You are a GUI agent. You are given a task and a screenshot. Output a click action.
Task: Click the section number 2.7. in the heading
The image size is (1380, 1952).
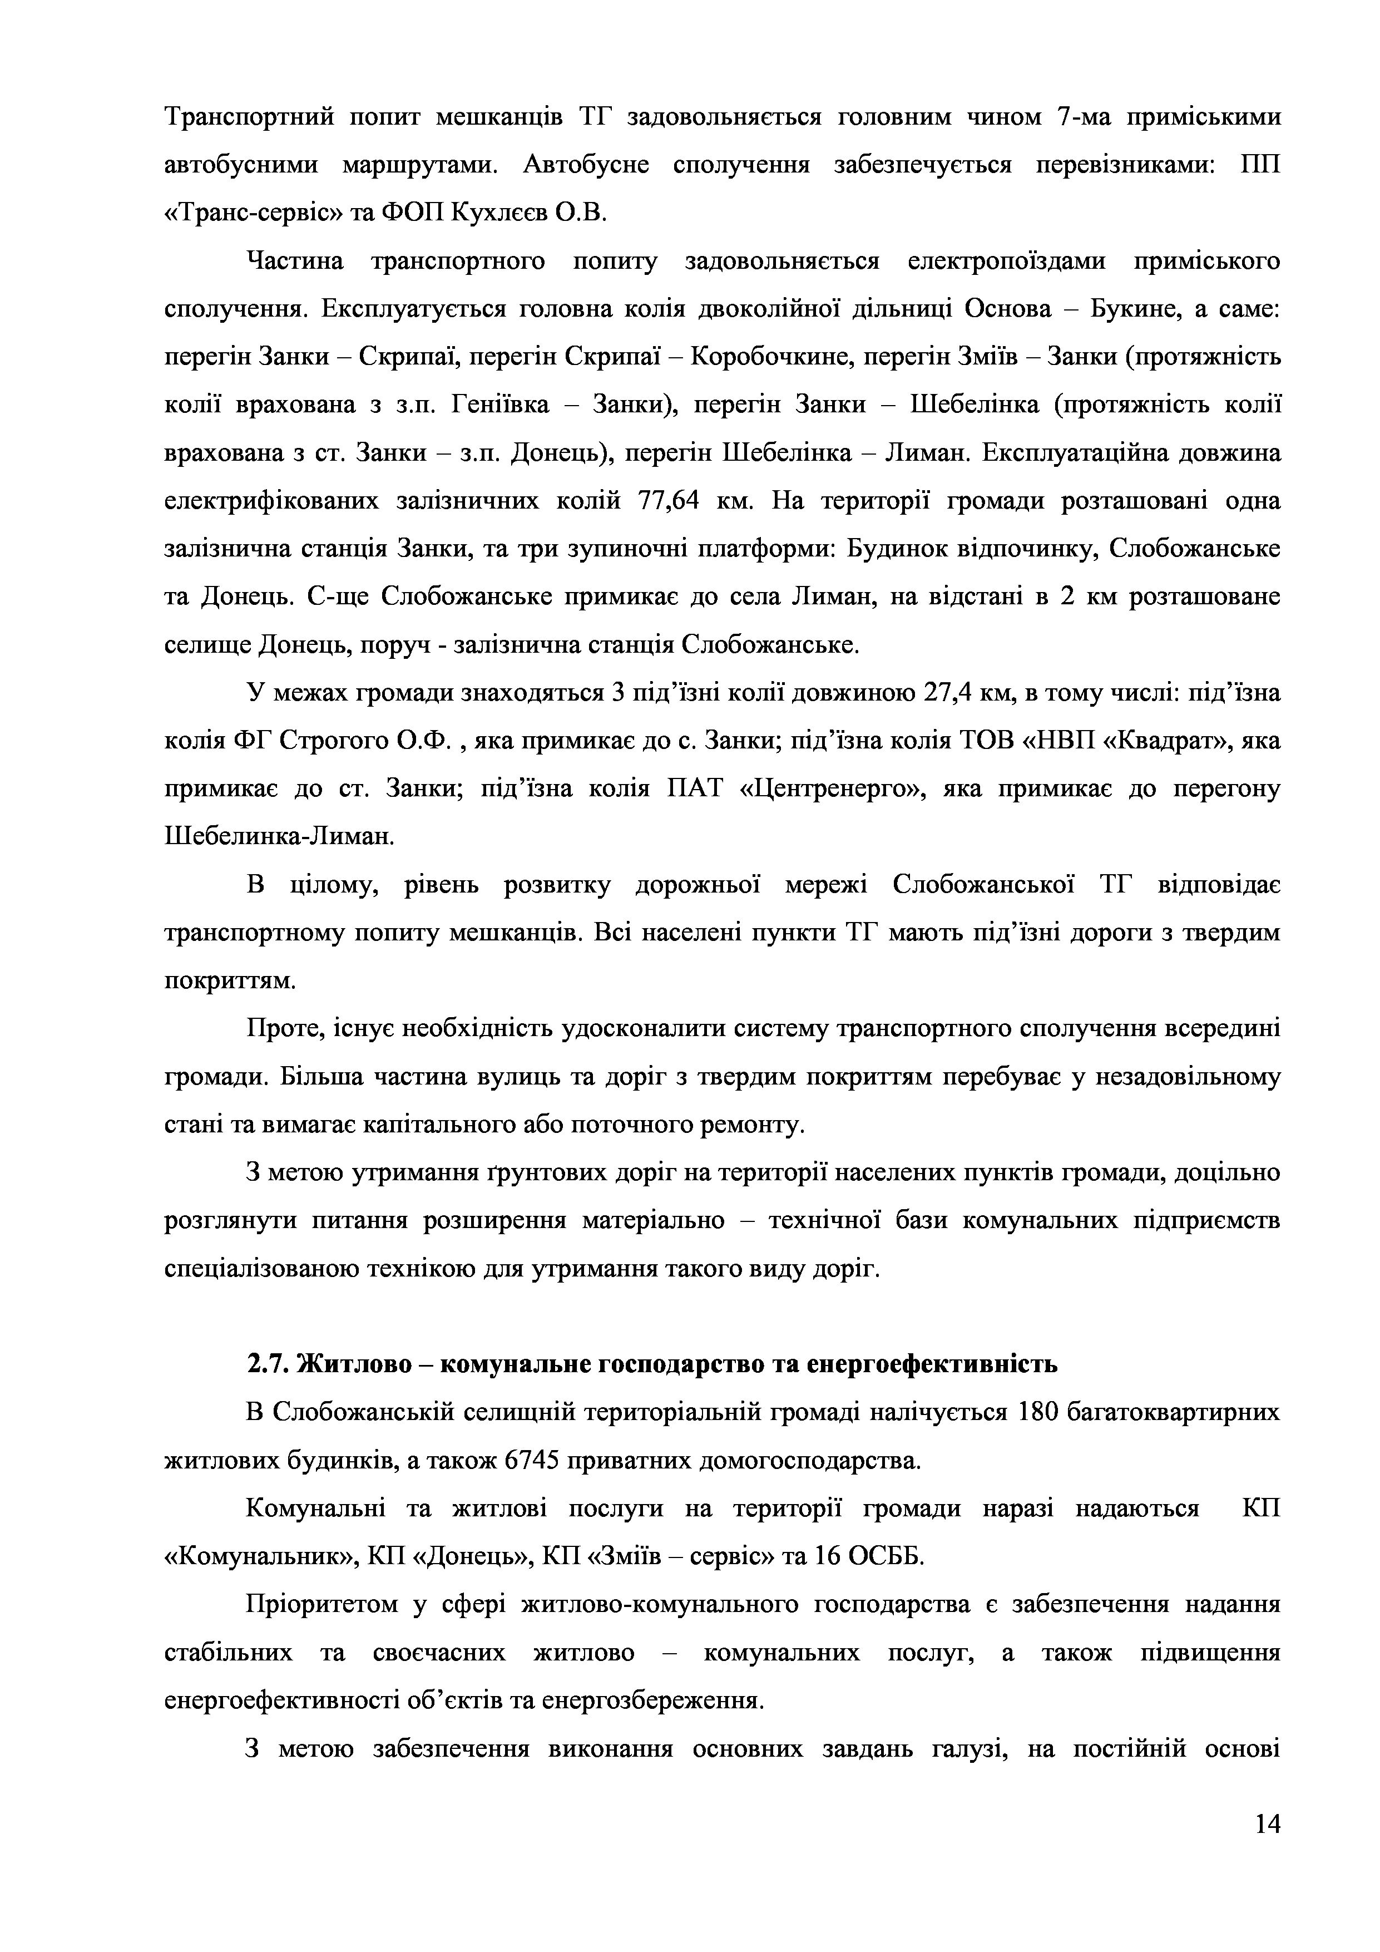point(267,1364)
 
